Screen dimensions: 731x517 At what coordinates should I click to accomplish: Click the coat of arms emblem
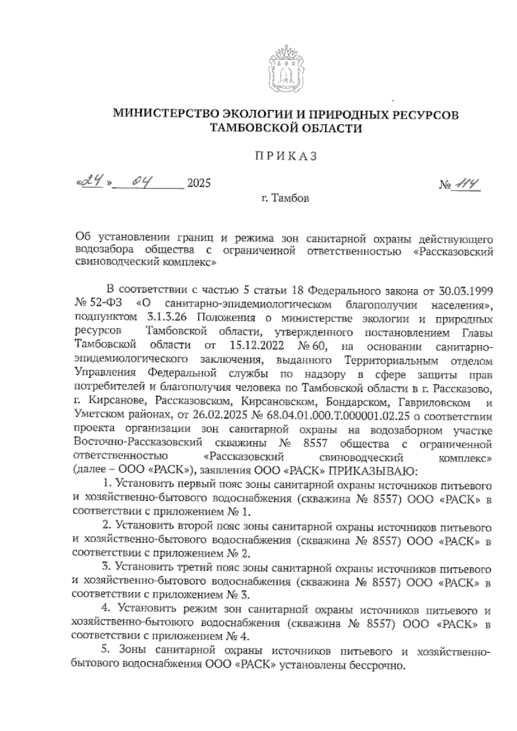tap(284, 71)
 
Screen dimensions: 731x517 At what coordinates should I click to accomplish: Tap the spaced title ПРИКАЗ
tap(284, 156)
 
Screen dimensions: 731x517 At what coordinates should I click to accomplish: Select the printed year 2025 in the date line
tap(199, 184)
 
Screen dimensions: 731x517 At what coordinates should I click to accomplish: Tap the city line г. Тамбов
tap(284, 199)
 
